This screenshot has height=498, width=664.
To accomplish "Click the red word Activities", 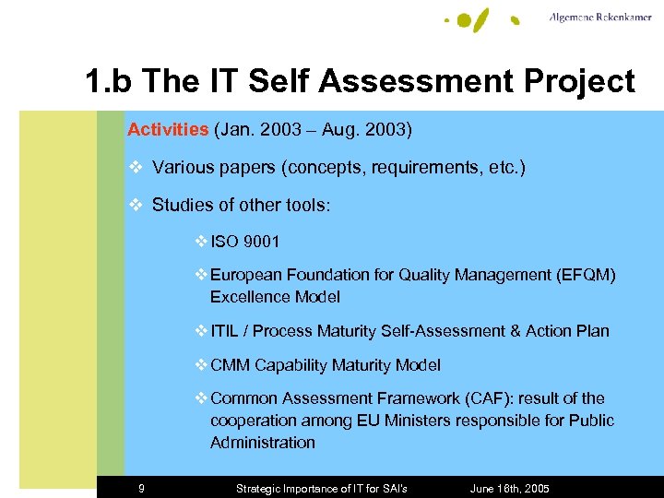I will [168, 130].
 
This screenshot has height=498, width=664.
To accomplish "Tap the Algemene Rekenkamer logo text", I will [601, 18].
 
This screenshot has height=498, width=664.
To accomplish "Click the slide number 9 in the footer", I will [141, 488].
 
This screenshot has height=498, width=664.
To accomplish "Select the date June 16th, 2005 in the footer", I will [510, 488].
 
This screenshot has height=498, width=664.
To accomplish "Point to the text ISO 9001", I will [244, 242].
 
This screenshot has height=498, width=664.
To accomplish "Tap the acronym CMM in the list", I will [231, 365].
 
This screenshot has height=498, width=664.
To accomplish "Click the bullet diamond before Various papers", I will [136, 168].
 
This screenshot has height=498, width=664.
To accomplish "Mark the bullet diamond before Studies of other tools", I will [136, 205].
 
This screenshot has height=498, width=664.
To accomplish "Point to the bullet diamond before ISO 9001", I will [202, 242].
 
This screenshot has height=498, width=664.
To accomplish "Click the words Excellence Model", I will [275, 297].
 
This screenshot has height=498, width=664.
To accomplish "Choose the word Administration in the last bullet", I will [263, 443].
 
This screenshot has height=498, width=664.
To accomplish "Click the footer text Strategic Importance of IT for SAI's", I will [322, 488].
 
